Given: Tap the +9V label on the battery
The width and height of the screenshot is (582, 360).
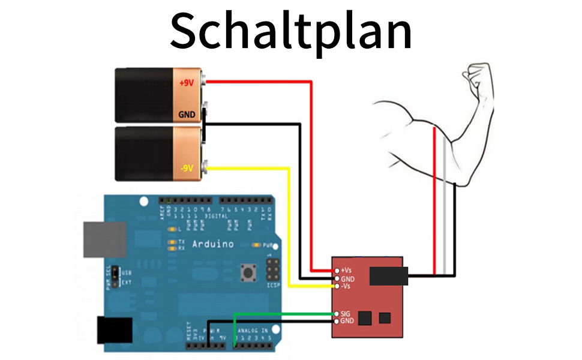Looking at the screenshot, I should [x=187, y=83].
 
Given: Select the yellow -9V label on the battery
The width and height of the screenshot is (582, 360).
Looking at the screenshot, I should [x=187, y=168].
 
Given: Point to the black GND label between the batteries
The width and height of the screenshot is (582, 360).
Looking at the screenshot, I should [x=187, y=114].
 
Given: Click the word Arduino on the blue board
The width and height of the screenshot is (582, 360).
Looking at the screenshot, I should [x=213, y=244].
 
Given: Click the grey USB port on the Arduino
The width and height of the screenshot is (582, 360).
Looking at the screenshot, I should [x=104, y=239].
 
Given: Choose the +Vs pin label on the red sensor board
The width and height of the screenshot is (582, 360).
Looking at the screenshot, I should [x=347, y=271].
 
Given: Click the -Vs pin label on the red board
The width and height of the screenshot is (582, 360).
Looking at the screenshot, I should [x=347, y=286].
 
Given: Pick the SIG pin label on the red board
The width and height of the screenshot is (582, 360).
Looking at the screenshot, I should [x=346, y=314].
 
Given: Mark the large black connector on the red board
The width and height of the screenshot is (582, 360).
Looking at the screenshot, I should [x=389, y=276].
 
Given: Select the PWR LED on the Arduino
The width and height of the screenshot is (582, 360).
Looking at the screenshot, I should [x=257, y=245].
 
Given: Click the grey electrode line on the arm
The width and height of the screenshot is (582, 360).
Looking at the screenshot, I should [x=445, y=198].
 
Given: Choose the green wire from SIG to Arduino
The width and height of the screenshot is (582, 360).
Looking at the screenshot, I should [x=282, y=314].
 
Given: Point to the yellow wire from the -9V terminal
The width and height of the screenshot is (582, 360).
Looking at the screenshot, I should [x=290, y=228].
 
